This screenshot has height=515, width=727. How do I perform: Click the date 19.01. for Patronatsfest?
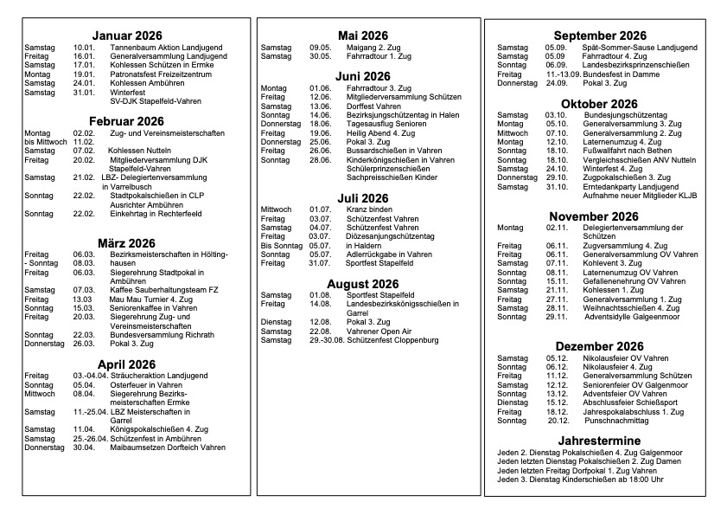(84, 75)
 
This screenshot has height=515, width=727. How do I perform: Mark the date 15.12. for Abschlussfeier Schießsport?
(557, 402)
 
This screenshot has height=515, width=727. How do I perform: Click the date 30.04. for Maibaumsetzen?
(84, 447)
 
